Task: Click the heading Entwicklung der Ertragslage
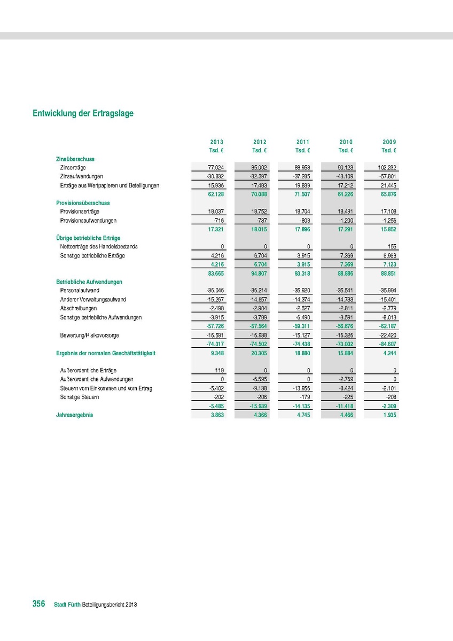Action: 83,113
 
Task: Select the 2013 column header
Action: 217,142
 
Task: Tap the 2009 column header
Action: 389,142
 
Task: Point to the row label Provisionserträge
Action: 80,212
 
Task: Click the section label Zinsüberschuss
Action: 75,159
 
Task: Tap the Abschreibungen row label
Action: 79,308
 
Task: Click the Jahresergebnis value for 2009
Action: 388,415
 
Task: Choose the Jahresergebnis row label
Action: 74,415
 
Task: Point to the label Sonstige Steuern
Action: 80,397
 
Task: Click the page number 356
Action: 38,604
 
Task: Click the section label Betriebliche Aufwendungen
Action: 89,282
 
